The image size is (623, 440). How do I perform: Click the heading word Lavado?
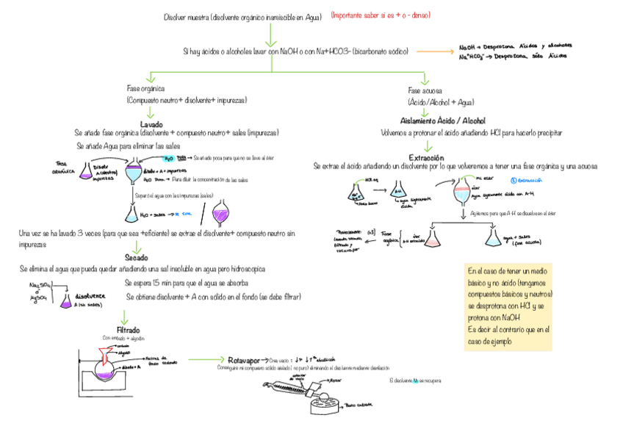151,124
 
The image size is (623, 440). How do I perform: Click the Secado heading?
137,258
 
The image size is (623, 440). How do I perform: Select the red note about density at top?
380,15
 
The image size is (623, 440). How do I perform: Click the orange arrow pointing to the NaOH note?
442,51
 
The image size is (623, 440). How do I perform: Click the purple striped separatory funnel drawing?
221,214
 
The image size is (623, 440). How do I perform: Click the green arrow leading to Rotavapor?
206,359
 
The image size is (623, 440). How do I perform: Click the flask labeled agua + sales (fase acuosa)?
491,236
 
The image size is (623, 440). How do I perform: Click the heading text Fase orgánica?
145,89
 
